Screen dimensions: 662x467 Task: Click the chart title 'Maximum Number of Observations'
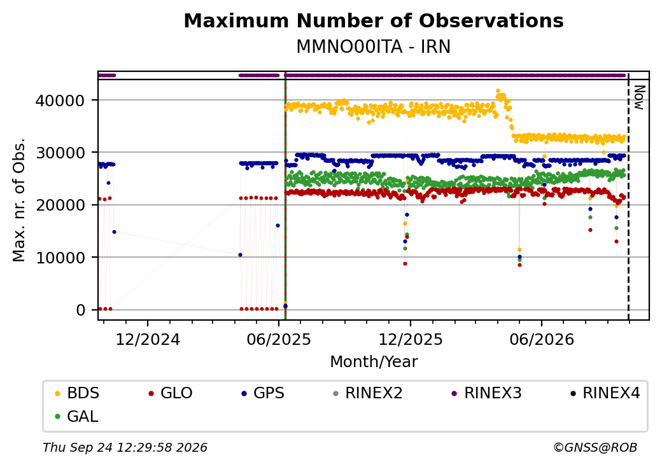tap(374, 20)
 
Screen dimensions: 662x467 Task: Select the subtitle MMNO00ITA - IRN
tap(374, 46)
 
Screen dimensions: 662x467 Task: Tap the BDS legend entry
tap(77, 393)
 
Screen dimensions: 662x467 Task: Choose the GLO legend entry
tap(171, 393)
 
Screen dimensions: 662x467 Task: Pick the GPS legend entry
tap(263, 393)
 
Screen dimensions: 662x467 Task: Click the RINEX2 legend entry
tap(368, 393)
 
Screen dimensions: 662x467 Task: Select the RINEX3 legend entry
tap(487, 393)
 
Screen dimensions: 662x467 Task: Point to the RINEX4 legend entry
tap(605, 393)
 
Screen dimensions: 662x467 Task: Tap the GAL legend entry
tap(77, 416)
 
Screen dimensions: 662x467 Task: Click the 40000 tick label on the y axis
tap(60, 101)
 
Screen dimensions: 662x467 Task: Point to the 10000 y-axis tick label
tap(60, 258)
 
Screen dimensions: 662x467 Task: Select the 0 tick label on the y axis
tap(81, 310)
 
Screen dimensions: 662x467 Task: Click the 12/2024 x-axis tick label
tap(148, 340)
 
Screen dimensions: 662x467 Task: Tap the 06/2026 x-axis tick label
tap(542, 340)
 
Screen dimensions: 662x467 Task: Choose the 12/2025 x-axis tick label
tap(411, 340)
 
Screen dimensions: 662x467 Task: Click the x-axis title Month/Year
tap(374, 361)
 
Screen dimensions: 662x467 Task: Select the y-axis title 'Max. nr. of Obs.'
tap(19, 200)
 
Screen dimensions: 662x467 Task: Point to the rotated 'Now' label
tap(640, 97)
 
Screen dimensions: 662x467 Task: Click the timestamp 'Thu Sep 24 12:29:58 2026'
tap(125, 447)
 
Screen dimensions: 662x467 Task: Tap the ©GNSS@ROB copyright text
tap(595, 447)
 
